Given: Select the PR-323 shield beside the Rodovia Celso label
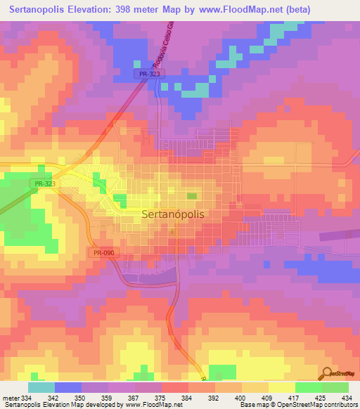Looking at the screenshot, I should coord(145,73).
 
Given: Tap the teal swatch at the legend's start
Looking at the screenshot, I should coord(41,387).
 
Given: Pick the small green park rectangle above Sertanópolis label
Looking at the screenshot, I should coord(191,196).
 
